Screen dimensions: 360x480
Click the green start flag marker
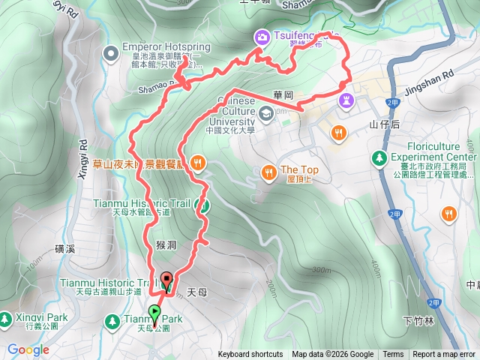click(x=155, y=311)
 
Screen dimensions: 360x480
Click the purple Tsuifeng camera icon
click(x=262, y=36)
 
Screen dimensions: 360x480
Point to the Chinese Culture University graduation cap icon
click(x=265, y=113)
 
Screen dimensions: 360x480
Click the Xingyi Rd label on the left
click(x=83, y=160)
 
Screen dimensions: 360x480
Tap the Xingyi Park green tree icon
click(x=6, y=319)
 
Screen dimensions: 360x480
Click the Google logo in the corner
click(x=28, y=350)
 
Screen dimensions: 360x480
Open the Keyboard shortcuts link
click(x=250, y=355)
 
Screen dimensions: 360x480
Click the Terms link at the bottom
click(x=393, y=355)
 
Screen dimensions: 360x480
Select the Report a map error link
click(x=443, y=355)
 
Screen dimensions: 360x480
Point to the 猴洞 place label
click(x=166, y=244)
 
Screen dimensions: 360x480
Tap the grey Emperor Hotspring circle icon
click(x=112, y=51)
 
